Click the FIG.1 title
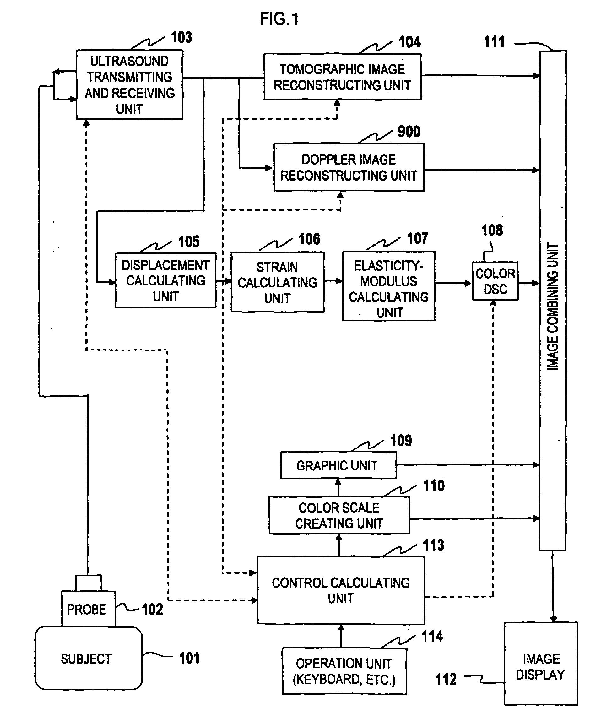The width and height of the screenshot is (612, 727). [279, 19]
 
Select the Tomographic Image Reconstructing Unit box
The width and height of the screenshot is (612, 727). [342, 77]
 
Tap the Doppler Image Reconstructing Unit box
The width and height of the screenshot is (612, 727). [349, 167]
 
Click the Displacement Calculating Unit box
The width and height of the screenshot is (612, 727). [165, 280]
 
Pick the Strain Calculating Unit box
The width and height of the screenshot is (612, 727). [277, 282]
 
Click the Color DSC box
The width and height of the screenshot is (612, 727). [495, 281]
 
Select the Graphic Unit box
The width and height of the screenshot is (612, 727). [338, 465]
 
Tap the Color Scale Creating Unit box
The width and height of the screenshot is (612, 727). [339, 516]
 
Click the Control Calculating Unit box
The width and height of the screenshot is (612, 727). [341, 590]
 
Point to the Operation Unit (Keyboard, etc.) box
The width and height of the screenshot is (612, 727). [344, 671]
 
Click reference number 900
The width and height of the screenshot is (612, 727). [409, 132]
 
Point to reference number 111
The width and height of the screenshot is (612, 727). [494, 42]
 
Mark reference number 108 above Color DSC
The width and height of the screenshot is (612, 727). [492, 231]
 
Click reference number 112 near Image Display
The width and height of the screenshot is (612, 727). [446, 679]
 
